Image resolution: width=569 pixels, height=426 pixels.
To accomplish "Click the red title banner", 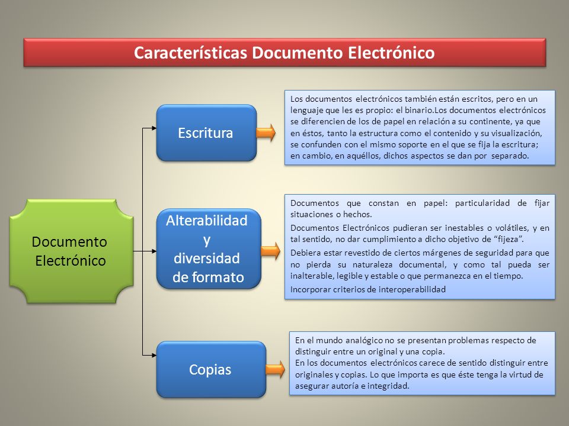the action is pyautogui.click(x=284, y=53).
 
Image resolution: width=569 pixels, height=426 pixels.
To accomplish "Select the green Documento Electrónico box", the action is pyautogui.click(x=72, y=251).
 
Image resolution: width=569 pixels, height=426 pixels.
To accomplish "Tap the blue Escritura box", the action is pyautogui.click(x=206, y=133).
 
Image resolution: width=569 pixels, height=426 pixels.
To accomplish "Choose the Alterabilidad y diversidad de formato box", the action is pyautogui.click(x=209, y=249).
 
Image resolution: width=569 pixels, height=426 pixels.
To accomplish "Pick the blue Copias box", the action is pyautogui.click(x=211, y=369).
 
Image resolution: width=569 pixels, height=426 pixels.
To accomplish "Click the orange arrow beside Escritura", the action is pyautogui.click(x=266, y=133).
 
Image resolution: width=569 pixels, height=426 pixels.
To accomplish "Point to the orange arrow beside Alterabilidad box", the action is pyautogui.click(x=271, y=251).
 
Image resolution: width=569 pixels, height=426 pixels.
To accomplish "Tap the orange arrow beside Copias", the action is pyautogui.click(x=276, y=369).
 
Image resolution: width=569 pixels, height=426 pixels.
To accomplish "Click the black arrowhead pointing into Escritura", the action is pyautogui.click(x=154, y=128).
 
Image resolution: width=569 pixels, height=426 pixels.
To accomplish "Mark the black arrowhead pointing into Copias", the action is pyautogui.click(x=154, y=356).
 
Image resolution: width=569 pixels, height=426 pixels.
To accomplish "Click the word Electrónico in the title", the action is pyautogui.click(x=391, y=53).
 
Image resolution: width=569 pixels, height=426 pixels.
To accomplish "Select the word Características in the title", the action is pyautogui.click(x=191, y=53).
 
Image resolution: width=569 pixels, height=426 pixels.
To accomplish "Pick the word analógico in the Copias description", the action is pyautogui.click(x=365, y=341).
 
